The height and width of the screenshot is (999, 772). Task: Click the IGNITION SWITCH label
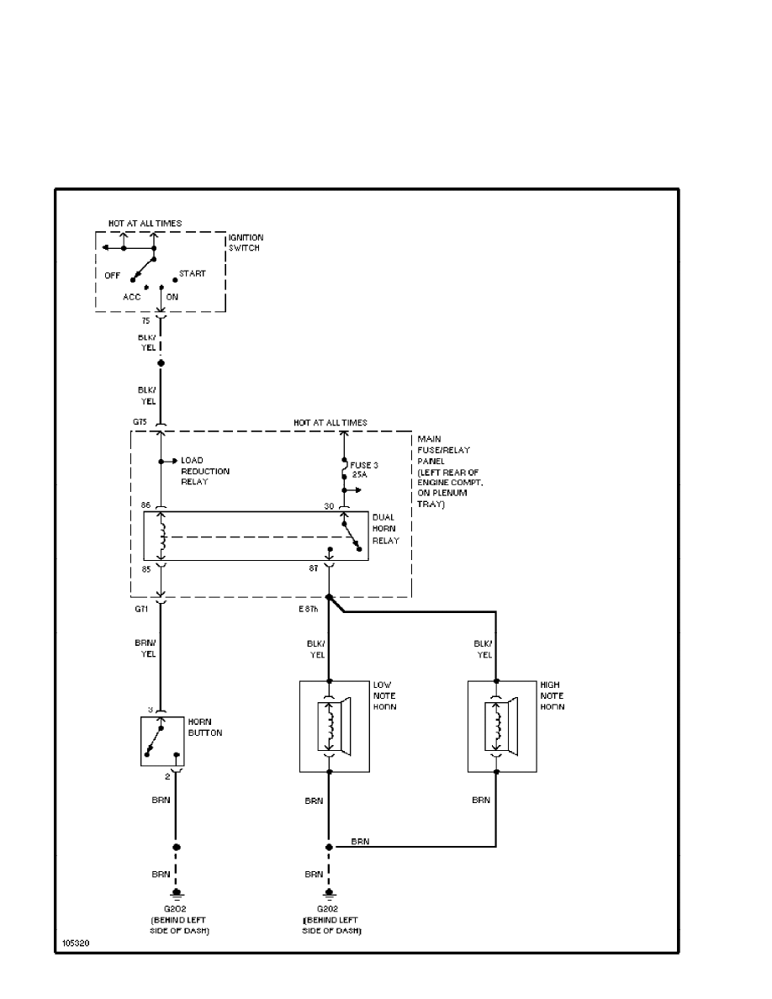[x=246, y=243]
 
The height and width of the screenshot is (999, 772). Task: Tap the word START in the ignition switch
[x=192, y=273]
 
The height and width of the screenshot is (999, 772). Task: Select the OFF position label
[x=113, y=275]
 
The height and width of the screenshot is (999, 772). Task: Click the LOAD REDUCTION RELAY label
[x=205, y=471]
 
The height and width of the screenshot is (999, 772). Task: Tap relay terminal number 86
[x=145, y=505]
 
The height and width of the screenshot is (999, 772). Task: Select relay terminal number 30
[x=330, y=506]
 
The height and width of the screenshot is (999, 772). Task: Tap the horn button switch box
[x=162, y=742]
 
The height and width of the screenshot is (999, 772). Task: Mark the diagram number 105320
[x=74, y=943]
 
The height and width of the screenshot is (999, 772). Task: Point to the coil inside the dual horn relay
[x=162, y=536]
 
